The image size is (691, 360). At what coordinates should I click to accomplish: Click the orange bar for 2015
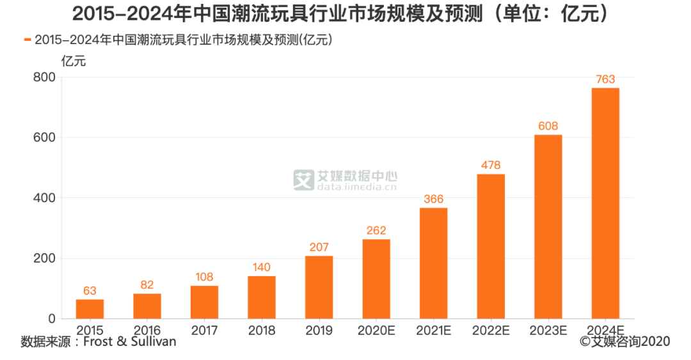tap(90, 309)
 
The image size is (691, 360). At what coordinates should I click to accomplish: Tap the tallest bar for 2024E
tap(605, 203)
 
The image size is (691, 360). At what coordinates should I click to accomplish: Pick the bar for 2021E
tap(433, 263)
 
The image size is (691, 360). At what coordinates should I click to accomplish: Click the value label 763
tap(605, 79)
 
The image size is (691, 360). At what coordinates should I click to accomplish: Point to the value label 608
tap(548, 126)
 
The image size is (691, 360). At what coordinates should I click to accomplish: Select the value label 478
tap(491, 166)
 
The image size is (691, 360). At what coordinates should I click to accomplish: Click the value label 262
tap(376, 231)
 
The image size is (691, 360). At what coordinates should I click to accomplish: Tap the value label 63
tap(90, 291)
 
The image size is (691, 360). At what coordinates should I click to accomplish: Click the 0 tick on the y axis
tap(52, 319)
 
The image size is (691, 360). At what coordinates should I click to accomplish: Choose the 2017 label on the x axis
tap(204, 330)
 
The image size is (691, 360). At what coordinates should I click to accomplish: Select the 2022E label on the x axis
tap(491, 330)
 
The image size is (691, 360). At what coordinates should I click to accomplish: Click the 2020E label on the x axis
tap(376, 330)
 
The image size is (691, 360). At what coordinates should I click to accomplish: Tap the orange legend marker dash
tap(28, 40)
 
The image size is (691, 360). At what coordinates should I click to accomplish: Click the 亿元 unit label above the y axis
tap(73, 61)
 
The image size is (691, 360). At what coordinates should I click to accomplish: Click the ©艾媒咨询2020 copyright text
tap(624, 342)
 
